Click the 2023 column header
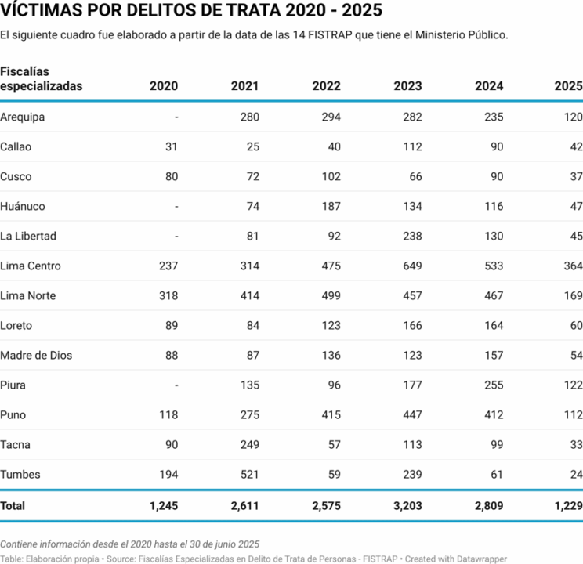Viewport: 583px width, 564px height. tap(407, 86)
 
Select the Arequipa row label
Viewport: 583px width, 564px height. tap(23, 117)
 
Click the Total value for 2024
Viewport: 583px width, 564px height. tap(488, 506)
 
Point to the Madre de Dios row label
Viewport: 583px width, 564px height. tap(36, 356)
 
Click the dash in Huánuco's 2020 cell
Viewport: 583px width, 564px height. tap(176, 207)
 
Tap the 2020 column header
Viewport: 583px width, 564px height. tap(164, 86)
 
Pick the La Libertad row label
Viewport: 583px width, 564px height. tap(28, 237)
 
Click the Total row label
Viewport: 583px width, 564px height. tap(13, 506)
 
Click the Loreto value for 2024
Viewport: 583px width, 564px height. tap(491, 326)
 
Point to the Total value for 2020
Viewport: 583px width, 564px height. tap(164, 506)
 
